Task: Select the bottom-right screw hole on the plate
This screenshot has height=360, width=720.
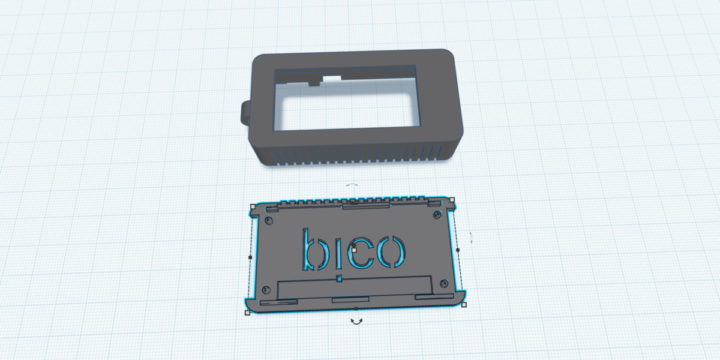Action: pos(443,283)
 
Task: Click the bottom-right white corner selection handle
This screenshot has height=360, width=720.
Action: pos(464,305)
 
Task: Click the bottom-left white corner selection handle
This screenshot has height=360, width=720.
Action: pos(247,313)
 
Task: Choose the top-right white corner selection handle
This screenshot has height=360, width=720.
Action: pos(452,199)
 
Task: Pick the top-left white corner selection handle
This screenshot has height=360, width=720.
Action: pos(252,206)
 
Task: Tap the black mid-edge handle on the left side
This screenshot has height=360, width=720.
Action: pos(250,257)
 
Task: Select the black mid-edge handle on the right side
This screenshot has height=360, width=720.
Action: pos(458,250)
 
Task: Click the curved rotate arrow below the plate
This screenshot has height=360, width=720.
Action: pos(356,322)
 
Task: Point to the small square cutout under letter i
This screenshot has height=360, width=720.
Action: pos(340,278)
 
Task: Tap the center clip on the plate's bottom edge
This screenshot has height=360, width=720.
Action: pos(350,299)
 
